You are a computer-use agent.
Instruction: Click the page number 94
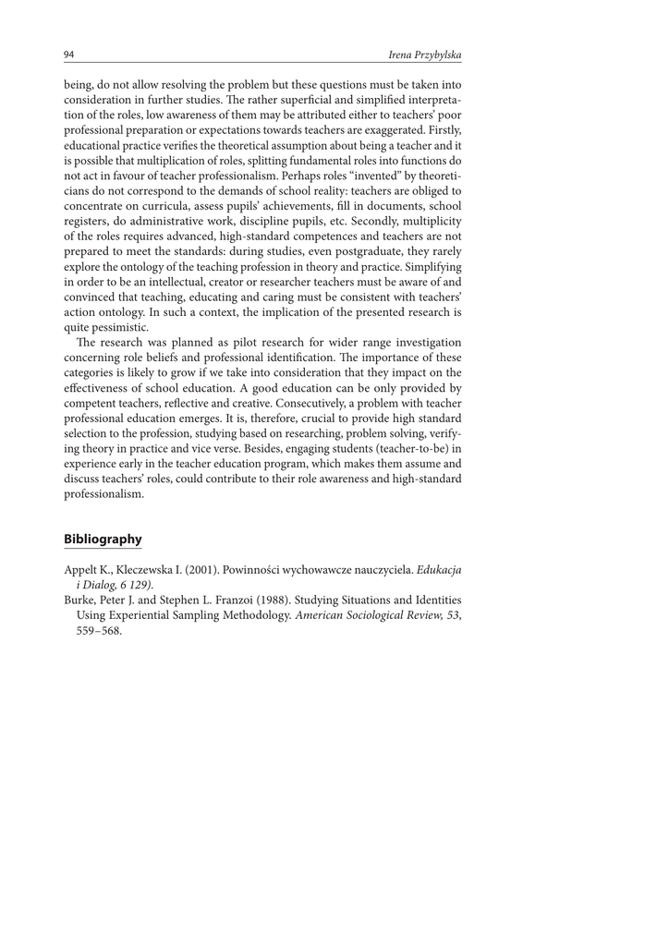point(69,55)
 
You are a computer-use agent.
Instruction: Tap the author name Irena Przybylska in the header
point(425,56)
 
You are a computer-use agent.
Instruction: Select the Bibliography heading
point(103,539)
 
